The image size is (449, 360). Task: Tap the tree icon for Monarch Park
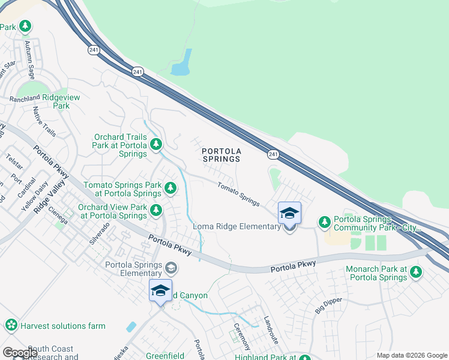[x=415, y=273]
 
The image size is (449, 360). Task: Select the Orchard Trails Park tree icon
[x=156, y=144]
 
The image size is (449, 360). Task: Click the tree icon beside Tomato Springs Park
[x=171, y=189]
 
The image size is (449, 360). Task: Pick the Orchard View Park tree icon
[x=156, y=210]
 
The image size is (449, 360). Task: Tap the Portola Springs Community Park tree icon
[x=325, y=223]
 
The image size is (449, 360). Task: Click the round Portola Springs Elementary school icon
[x=171, y=268]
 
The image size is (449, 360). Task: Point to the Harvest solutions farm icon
[x=11, y=326]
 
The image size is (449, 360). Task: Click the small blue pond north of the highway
[x=182, y=63]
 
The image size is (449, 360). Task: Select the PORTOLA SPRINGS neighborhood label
[x=221, y=155]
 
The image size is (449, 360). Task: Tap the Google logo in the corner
[x=20, y=352]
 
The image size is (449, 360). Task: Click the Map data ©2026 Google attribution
[x=411, y=355]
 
